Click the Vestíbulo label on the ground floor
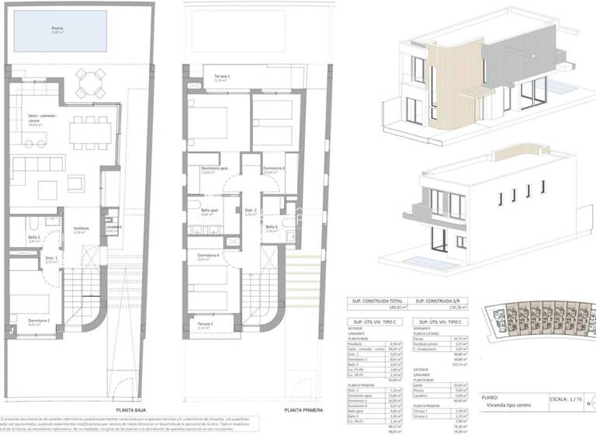pos(81,229)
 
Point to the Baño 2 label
pos(34,238)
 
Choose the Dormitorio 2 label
pos(40,322)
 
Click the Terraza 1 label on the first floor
pos(223,78)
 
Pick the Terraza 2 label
pos(205,325)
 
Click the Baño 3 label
pos(272,227)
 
